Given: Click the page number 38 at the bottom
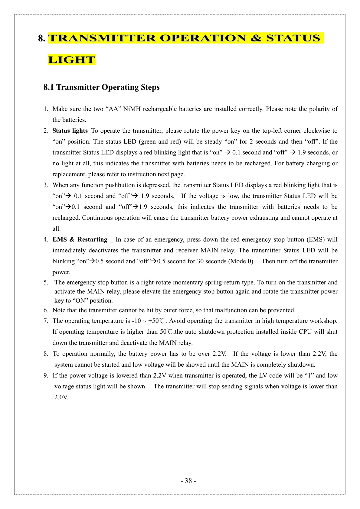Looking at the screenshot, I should point(188,481).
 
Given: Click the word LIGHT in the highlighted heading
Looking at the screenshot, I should point(72,60).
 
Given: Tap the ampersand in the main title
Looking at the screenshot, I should point(256,38).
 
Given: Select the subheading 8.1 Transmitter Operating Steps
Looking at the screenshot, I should point(101,87).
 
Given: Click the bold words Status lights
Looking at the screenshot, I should point(70,131).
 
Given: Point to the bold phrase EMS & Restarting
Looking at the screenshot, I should point(80,239).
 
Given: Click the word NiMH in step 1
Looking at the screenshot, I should point(132,109).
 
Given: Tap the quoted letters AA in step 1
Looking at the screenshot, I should point(113,109).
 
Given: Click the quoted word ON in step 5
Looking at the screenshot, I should point(80,300).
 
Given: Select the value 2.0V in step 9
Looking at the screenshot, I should point(61,397).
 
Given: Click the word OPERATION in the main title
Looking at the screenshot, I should point(203,38).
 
